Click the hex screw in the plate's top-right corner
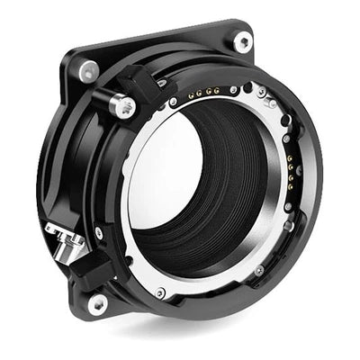click(242, 40)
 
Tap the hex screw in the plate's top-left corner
click(87, 71)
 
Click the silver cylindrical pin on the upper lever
click(124, 106)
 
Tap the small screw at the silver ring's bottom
click(160, 292)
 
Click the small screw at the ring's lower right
click(259, 270)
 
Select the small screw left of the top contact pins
click(173, 102)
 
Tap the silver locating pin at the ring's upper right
click(270, 104)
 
